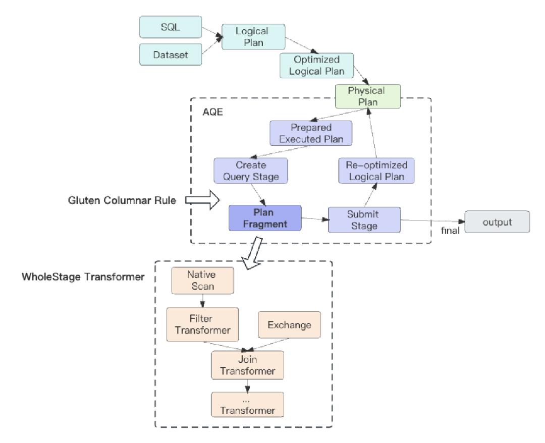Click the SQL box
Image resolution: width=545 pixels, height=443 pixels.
coord(170,28)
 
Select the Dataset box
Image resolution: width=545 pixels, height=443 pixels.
coord(170,54)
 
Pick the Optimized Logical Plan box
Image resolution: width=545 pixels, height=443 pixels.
coord(316,66)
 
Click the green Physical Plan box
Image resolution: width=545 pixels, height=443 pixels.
coord(367,96)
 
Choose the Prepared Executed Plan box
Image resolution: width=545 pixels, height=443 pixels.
coord(310,133)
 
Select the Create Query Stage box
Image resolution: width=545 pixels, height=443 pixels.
coord(250,171)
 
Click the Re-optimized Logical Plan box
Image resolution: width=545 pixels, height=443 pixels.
coord(376,171)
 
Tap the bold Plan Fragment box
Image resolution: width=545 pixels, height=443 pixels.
coord(264,218)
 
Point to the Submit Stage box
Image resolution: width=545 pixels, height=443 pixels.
coord(364,219)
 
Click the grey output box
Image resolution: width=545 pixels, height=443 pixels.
coord(497,222)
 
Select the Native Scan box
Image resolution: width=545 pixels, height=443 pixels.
coord(202,281)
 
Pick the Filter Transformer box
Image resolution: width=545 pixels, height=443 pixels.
coord(202,324)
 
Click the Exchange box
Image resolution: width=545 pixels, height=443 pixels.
coord(289,324)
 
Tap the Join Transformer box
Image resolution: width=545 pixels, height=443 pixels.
coord(247,365)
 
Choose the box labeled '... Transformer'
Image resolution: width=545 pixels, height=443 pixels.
coord(247,405)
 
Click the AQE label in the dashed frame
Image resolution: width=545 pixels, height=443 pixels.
coord(212,112)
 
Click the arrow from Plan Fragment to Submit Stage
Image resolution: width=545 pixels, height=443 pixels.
coord(314,218)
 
